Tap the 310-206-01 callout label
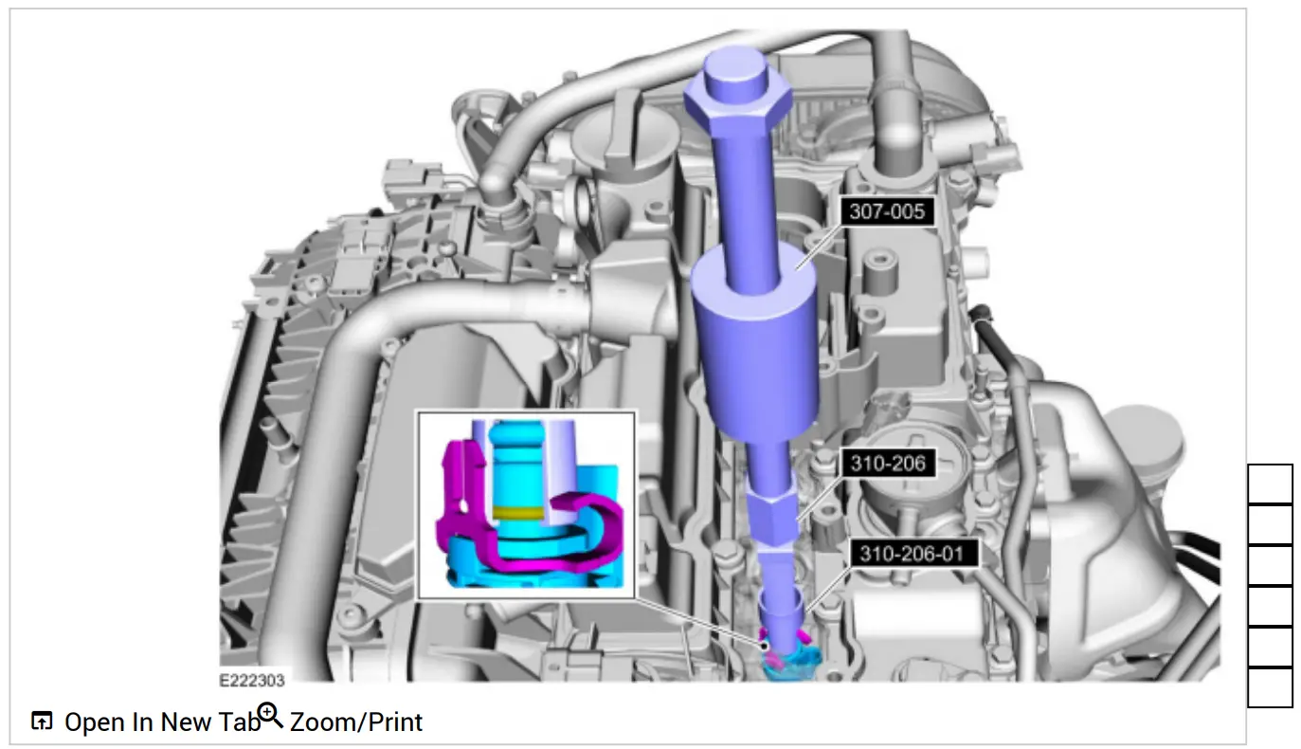(913, 553)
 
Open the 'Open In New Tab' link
(161, 722)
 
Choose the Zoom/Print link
(355, 722)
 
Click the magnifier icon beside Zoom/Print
(271, 717)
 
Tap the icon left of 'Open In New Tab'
(42, 722)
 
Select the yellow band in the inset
(518, 513)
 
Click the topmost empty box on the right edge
(1270, 484)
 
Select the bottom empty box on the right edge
(1270, 687)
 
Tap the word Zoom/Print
(355, 722)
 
